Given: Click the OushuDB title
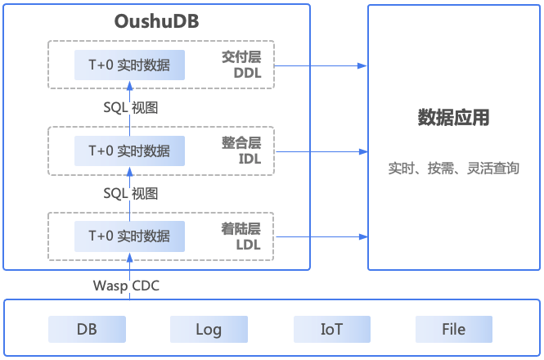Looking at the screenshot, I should [156, 20].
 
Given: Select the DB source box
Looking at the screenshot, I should [87, 330].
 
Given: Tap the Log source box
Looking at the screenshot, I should [209, 330].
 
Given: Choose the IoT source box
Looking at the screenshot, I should [331, 330].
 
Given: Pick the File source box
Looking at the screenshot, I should [453, 330].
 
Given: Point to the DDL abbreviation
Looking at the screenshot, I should [248, 74].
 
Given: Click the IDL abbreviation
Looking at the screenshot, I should [249, 159].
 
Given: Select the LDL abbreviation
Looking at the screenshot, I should [249, 244].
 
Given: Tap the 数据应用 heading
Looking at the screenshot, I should [453, 118].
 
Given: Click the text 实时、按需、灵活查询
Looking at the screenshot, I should [453, 169].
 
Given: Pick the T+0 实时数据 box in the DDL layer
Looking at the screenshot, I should [129, 65].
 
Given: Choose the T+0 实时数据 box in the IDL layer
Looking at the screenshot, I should [129, 151].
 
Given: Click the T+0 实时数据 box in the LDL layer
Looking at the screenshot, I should [129, 236].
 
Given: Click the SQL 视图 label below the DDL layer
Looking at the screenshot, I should [131, 107].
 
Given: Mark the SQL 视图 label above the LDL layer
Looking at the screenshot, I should [131, 193].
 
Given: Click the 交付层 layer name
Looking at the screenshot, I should [241, 57].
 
